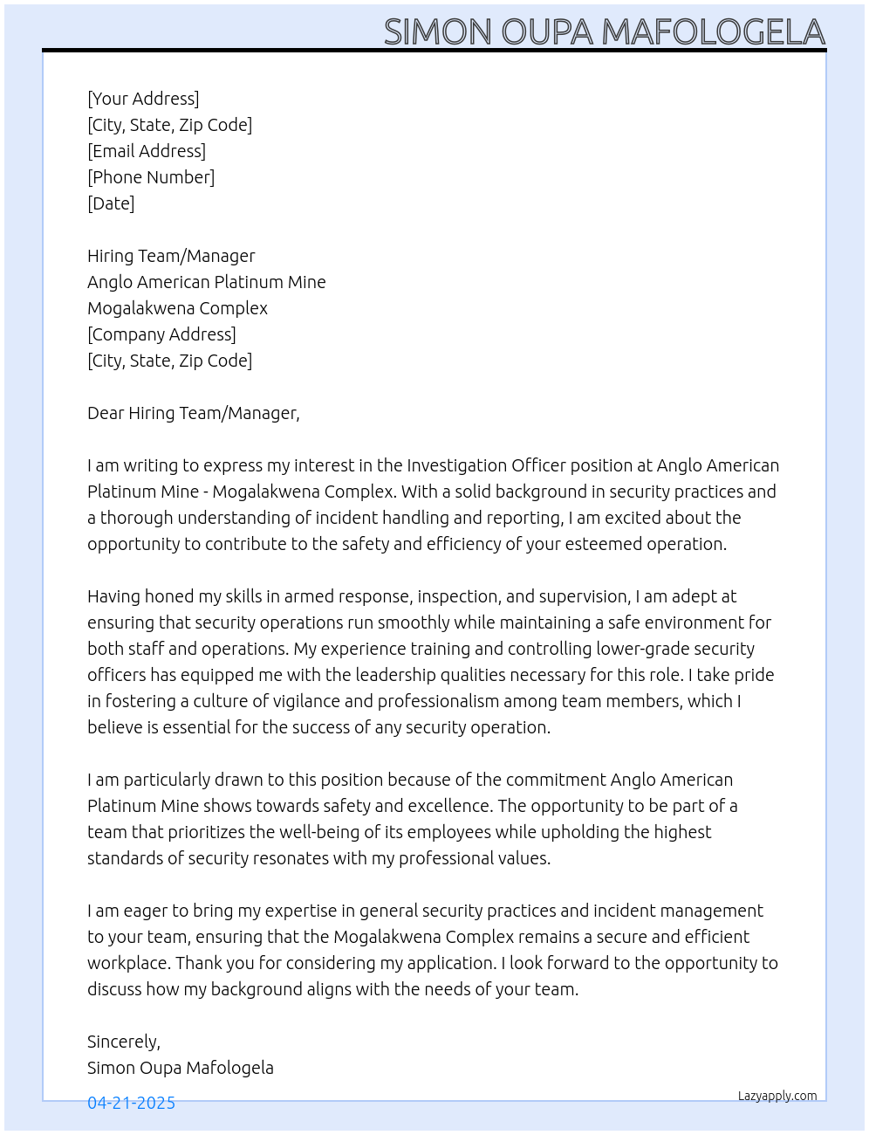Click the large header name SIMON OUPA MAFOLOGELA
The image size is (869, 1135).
coord(604,31)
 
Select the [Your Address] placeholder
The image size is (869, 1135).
coord(143,99)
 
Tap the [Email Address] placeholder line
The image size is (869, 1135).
coord(147,151)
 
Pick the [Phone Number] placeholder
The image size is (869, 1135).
coord(151,177)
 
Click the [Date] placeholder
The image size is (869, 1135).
coord(111,203)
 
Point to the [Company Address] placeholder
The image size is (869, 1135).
coord(161,334)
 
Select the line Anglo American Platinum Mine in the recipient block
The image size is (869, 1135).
coord(206,282)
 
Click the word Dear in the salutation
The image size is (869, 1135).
coord(106,413)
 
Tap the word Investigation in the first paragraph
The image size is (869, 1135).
coord(456,465)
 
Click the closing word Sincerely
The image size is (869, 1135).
coord(123,1042)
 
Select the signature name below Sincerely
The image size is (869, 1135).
coord(180,1068)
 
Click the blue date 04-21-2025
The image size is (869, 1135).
coord(131,1103)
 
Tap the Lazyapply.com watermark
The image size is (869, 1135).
coord(777,1096)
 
